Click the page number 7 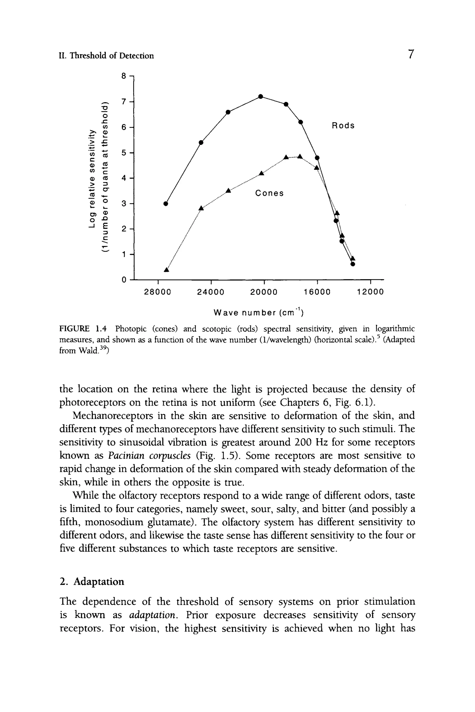tap(411, 54)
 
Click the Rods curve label tap(343, 126)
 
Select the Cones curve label tap(269, 193)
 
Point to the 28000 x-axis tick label tap(157, 292)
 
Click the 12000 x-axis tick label tap(370, 292)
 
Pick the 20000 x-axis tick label tap(264, 292)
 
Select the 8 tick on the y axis tap(123, 76)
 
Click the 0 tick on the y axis tap(123, 280)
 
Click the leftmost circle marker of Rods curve tap(165, 204)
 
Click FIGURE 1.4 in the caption tap(83, 328)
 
